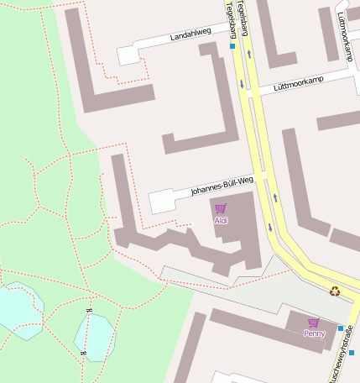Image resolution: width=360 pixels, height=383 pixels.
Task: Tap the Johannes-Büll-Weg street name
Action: click(x=222, y=185)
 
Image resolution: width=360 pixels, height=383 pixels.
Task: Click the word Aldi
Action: click(x=221, y=221)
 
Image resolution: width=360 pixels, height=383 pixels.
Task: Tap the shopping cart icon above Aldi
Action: click(x=221, y=208)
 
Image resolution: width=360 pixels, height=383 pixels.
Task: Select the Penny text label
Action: click(x=314, y=333)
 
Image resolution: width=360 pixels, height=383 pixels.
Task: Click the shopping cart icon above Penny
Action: click(x=314, y=323)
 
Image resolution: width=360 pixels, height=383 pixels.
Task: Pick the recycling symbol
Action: click(x=335, y=291)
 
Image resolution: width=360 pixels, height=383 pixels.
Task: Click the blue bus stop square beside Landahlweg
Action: click(x=232, y=46)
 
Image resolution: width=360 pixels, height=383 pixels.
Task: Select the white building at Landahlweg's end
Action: click(x=128, y=55)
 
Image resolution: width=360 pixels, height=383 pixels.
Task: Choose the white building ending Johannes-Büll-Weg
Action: click(x=161, y=202)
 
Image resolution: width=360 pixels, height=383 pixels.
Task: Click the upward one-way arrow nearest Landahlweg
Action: click(x=249, y=54)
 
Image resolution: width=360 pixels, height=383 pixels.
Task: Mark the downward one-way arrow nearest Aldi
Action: click(x=269, y=227)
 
